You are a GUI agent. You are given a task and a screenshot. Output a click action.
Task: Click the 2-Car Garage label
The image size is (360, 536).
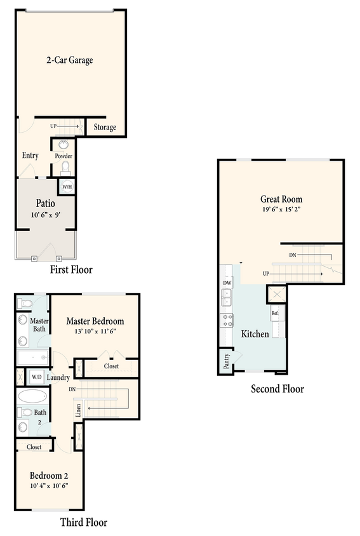pos(70,60)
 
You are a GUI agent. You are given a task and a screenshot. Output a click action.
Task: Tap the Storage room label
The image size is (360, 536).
pos(105,127)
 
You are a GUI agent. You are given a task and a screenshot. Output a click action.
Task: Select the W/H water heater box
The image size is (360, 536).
pos(66,187)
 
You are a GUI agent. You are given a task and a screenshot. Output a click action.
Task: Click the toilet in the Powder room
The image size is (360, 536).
pos(64,168)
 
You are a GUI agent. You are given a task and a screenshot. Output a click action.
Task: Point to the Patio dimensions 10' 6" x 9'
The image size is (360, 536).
pos(45,215)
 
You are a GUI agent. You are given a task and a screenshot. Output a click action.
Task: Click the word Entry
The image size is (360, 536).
pos(30,156)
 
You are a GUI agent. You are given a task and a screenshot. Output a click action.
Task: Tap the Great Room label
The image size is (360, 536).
pos(281,198)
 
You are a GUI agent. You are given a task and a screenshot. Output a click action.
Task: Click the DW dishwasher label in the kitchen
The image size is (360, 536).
pos(227,283)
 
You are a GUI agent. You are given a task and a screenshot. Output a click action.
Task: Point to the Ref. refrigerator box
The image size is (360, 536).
pos(275,313)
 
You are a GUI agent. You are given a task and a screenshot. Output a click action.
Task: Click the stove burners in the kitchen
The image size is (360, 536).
pos(227,319)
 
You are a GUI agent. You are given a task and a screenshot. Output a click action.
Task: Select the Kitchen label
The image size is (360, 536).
pos(255,334)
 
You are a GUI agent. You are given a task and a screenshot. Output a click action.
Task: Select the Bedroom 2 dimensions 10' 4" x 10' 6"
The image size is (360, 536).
pos(48,485)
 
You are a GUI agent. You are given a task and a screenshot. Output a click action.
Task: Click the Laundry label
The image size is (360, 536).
pos(58,377)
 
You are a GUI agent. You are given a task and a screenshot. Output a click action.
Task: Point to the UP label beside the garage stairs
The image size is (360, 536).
pos(53,126)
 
